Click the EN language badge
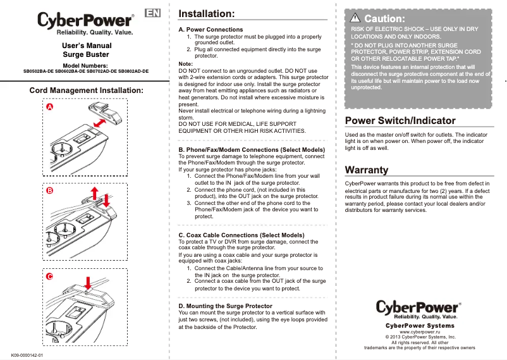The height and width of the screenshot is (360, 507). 152,13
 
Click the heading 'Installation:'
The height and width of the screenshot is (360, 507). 207,13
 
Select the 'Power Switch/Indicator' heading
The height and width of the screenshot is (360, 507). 400,120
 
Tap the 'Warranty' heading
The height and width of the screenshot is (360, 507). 367,170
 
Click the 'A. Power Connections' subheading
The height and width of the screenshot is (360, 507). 211,30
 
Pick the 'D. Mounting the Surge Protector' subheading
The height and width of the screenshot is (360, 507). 226,306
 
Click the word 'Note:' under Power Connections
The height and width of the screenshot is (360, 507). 186,64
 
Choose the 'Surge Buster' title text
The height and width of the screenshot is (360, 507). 86,55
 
